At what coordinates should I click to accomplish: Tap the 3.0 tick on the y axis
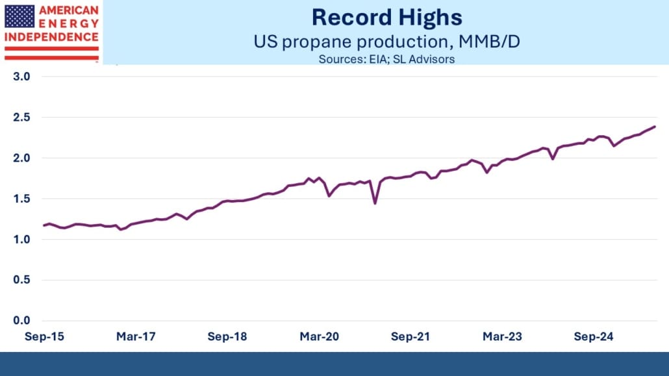click(21, 77)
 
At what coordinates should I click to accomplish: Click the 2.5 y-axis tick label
click(21, 118)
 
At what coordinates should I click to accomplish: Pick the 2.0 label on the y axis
click(21, 158)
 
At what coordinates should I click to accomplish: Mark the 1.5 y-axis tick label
click(21, 199)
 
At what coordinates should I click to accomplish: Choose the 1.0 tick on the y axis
click(21, 240)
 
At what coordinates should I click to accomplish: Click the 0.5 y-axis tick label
click(21, 280)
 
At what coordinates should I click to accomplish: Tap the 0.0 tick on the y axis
click(21, 321)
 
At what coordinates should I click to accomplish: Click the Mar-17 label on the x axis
click(136, 337)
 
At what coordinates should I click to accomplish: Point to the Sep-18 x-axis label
click(227, 337)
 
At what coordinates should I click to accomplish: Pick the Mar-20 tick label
click(319, 337)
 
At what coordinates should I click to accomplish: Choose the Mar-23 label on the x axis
click(501, 337)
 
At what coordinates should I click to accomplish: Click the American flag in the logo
click(19, 16)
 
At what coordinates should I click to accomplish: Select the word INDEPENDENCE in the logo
click(51, 37)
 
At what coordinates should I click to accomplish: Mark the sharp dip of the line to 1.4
click(375, 203)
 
